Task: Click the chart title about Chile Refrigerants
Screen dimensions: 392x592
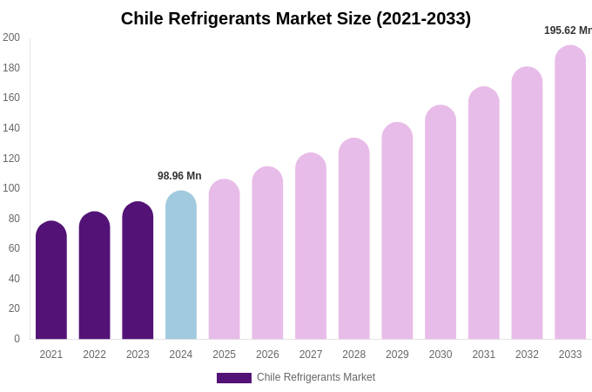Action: (296, 18)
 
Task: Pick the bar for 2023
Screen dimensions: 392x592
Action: (138, 271)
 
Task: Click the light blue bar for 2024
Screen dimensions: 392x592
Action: (181, 266)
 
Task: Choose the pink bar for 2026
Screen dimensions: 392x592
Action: (267, 253)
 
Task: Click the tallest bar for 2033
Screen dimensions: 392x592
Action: (570, 193)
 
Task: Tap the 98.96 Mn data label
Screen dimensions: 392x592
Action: (179, 176)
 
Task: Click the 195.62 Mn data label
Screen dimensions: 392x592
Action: (568, 30)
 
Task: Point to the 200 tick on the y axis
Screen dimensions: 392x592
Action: (11, 37)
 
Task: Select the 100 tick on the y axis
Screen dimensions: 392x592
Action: (11, 188)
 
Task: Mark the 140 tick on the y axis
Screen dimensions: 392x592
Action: (11, 128)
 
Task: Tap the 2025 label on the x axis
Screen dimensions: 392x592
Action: (224, 355)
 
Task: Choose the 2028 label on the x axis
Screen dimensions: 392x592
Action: (353, 355)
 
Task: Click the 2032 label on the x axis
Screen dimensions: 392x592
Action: (527, 355)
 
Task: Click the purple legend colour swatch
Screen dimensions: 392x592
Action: (233, 378)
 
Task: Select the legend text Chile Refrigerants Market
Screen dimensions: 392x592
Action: (316, 377)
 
